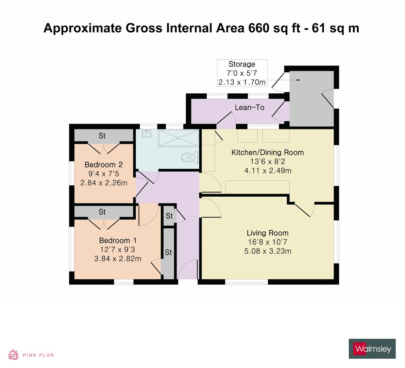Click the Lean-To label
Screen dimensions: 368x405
coord(250,108)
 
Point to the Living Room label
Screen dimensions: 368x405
coord(267,233)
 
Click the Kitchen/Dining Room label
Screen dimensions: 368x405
coord(267,152)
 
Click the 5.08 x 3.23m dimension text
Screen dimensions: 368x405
coord(267,251)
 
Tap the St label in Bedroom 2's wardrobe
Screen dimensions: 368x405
coord(102,136)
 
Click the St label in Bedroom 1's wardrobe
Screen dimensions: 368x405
coord(102,212)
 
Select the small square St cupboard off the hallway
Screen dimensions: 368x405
coord(169,216)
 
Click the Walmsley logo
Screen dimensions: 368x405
coord(372,349)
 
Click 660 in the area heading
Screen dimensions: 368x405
coord(258,28)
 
